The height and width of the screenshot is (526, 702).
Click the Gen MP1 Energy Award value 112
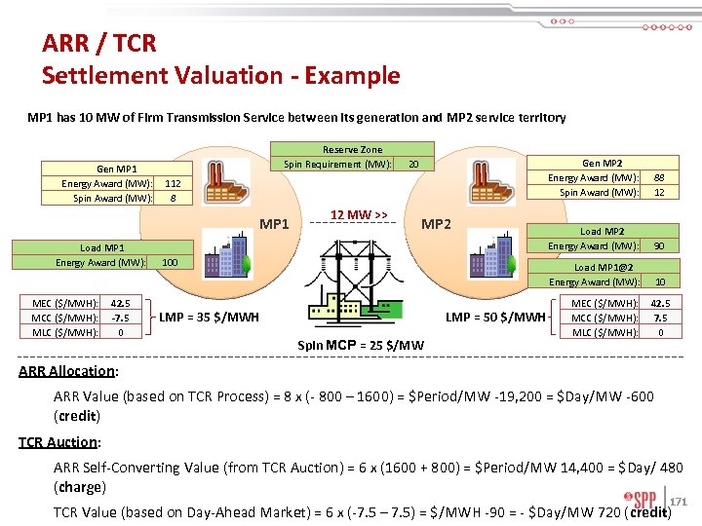[172, 183]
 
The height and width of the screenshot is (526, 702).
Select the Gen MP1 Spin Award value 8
[173, 198]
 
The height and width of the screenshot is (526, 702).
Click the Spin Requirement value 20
[413, 164]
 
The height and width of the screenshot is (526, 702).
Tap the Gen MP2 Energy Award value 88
[659, 177]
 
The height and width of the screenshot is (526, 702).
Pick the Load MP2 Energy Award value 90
[659, 245]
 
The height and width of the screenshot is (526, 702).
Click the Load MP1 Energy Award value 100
[170, 262]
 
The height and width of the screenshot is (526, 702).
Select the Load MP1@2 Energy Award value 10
[659, 282]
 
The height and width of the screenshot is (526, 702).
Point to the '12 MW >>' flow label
[359, 214]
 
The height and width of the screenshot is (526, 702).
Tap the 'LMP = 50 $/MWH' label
[495, 317]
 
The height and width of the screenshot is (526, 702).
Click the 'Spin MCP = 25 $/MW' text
[360, 345]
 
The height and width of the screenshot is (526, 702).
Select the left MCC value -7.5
[121, 318]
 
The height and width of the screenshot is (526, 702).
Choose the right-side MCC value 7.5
[659, 318]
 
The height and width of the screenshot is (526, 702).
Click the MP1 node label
[276, 225]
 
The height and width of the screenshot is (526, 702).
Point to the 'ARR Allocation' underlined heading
[66, 371]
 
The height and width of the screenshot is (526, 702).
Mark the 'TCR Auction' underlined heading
[58, 442]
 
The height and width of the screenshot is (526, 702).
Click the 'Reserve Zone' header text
[352, 149]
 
